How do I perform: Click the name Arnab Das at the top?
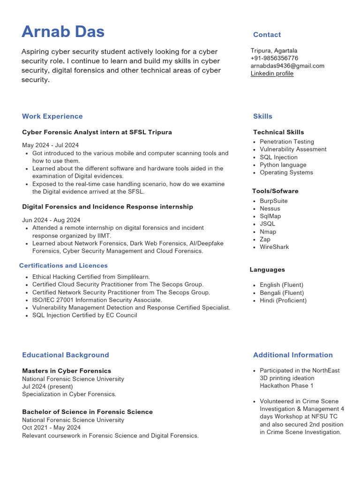(x=63, y=32)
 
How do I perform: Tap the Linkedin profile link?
(x=272, y=74)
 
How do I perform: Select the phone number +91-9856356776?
(x=274, y=58)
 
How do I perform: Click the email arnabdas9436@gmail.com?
(x=287, y=66)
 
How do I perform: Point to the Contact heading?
(x=267, y=35)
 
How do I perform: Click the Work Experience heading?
(x=52, y=116)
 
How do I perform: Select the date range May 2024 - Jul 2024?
(x=50, y=145)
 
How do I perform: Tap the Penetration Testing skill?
(x=287, y=142)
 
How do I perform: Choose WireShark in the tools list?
(x=274, y=247)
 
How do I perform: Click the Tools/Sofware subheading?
(x=275, y=191)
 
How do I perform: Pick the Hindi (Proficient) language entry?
(x=283, y=300)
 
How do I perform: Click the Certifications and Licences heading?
(x=63, y=266)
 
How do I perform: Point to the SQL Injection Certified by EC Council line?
(x=84, y=315)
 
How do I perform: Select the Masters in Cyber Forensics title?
(x=67, y=371)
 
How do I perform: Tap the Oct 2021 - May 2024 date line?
(x=51, y=427)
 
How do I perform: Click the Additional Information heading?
(x=293, y=355)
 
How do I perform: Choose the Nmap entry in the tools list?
(x=268, y=232)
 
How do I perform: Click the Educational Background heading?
(x=65, y=355)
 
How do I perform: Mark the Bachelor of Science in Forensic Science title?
(x=87, y=412)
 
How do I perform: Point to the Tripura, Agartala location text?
(x=274, y=51)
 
